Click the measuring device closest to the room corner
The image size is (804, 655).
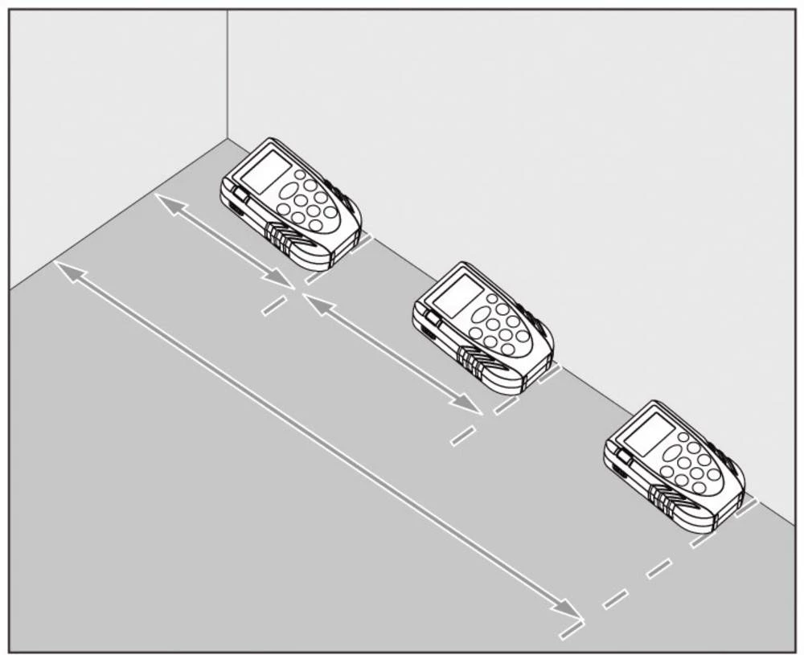291,203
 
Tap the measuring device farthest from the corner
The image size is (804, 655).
674,466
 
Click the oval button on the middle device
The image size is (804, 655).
481,314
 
